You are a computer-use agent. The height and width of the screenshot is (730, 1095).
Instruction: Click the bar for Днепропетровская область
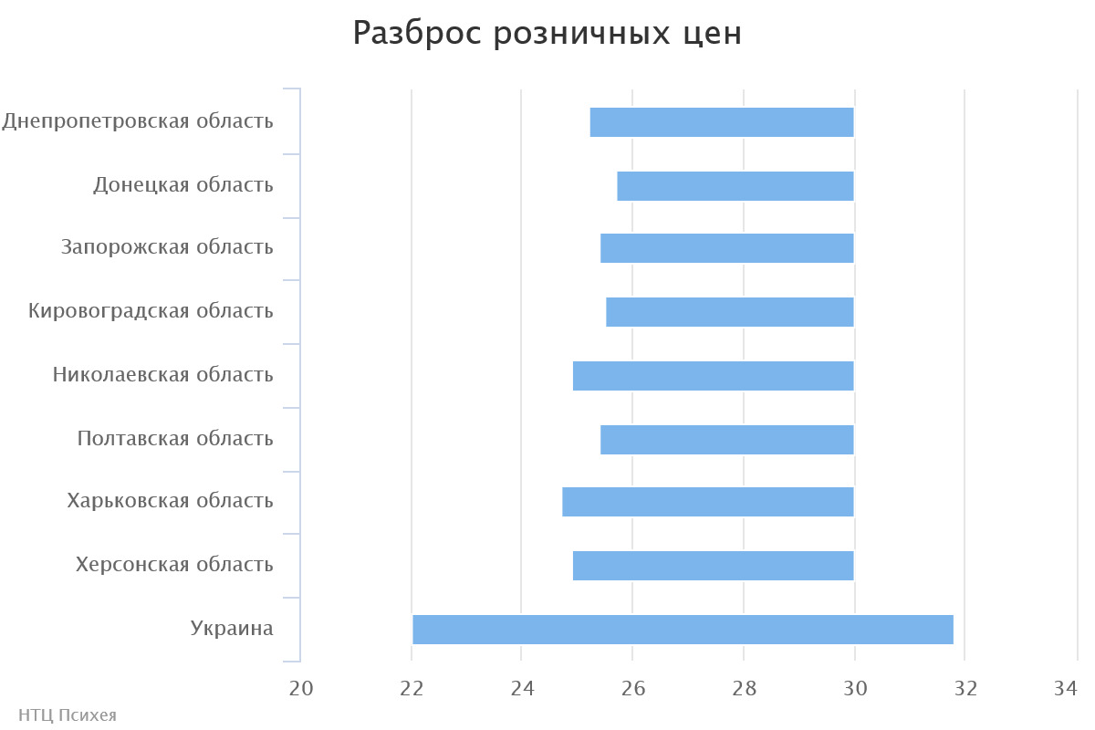(x=722, y=122)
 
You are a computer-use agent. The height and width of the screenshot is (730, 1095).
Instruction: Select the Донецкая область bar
(x=735, y=186)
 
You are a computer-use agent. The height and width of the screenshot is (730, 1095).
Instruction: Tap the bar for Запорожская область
(x=727, y=248)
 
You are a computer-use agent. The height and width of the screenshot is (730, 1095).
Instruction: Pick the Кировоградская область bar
(x=730, y=312)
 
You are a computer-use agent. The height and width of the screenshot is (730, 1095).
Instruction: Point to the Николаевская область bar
(x=714, y=376)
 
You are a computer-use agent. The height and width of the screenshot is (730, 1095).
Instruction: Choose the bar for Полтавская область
(x=727, y=440)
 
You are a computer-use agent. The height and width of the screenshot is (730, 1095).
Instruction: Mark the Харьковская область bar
(x=708, y=502)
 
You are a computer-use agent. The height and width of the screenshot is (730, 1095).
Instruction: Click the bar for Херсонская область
(x=714, y=566)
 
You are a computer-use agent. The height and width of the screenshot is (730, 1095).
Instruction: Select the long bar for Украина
(x=683, y=630)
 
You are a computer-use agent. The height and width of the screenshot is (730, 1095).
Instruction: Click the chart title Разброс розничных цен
(x=547, y=34)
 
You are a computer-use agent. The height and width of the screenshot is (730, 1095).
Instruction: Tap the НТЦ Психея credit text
(x=68, y=714)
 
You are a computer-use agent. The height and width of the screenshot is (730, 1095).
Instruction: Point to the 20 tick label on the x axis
(x=300, y=689)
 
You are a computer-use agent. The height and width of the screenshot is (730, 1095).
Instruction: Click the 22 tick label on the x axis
(x=412, y=689)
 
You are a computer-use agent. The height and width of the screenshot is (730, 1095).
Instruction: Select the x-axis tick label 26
(x=633, y=689)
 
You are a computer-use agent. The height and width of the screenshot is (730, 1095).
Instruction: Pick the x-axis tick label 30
(x=855, y=689)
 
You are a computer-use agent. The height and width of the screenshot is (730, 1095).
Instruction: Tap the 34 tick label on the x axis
(x=1066, y=689)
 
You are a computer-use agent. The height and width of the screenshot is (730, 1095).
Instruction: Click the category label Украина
(x=232, y=628)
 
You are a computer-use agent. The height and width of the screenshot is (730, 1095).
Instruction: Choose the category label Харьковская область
(x=170, y=501)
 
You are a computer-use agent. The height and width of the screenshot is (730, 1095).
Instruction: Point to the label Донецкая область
(x=183, y=185)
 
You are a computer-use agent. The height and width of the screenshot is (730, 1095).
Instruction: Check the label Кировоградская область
(x=151, y=311)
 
